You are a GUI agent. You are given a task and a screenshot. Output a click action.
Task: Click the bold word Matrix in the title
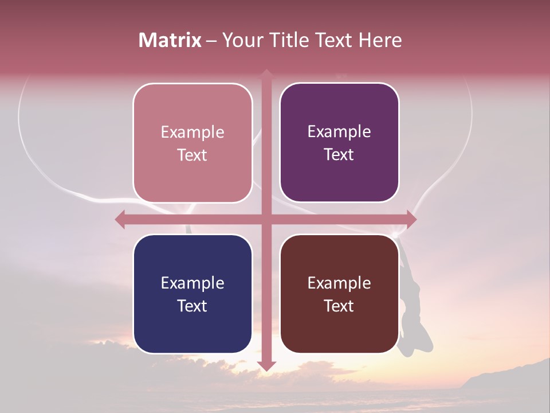click(170, 40)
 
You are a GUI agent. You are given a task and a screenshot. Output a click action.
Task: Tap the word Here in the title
click(380, 40)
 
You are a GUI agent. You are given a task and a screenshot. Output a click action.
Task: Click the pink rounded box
click(192, 143)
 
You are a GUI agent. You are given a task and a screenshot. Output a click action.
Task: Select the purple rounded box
click(339, 143)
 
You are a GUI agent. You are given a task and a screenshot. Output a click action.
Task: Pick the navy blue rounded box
click(192, 294)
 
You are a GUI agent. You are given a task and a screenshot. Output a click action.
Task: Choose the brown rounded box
click(339, 294)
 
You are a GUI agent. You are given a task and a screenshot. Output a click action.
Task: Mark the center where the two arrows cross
click(266, 219)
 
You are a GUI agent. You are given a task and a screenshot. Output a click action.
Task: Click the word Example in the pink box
click(192, 132)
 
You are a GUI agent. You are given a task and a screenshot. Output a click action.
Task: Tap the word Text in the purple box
click(339, 155)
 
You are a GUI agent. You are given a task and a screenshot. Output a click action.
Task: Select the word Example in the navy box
click(192, 283)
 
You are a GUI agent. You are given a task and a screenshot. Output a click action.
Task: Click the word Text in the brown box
click(339, 306)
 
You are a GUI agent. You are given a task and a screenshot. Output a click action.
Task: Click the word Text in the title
click(335, 40)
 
